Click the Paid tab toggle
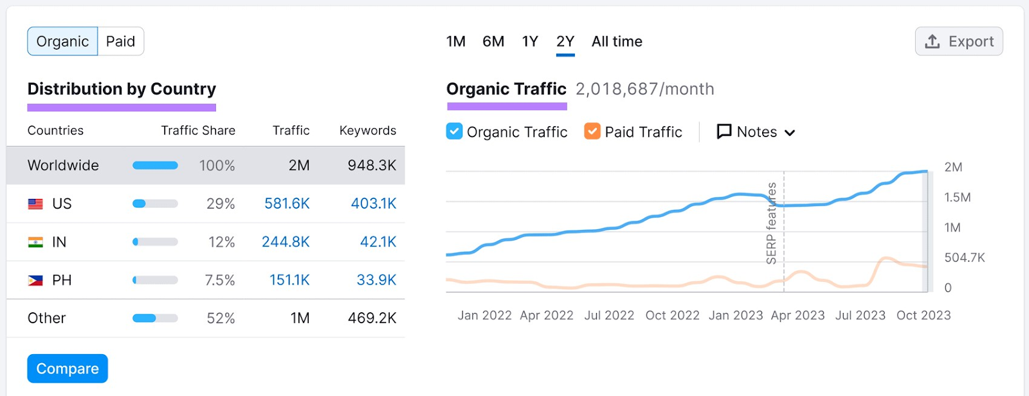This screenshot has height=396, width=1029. tap(120, 41)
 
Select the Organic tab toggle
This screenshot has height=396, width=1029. tap(62, 41)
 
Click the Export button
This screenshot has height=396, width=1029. tap(959, 41)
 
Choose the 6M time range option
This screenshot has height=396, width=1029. tap(493, 41)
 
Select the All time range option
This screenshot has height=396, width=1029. tap(617, 41)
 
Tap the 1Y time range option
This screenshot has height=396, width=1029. tap(530, 41)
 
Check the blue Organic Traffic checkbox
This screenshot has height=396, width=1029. tap(454, 131)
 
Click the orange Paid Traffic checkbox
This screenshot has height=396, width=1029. tap(592, 131)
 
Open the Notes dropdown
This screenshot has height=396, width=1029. tap(756, 132)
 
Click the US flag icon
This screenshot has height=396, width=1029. tap(35, 204)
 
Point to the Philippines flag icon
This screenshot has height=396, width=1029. tap(35, 281)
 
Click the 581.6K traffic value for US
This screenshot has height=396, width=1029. tap(287, 204)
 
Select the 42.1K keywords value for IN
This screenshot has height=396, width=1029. tap(378, 242)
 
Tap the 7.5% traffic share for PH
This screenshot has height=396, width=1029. tap(220, 281)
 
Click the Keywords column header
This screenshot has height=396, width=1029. tap(367, 131)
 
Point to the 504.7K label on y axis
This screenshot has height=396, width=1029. tap(964, 258)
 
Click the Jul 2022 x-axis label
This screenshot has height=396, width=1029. tap(609, 316)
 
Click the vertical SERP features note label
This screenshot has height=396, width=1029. tap(772, 223)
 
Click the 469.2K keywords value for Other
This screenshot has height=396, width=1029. tap(372, 318)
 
